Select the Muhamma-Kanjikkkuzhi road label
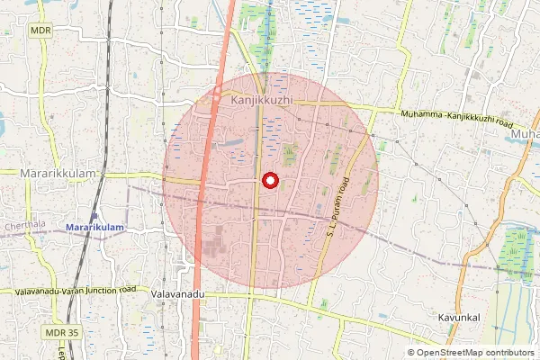pos(456,119)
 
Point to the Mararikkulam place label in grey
pos(58,171)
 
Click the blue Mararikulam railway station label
pos(94,229)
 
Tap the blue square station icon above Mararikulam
pos(94,217)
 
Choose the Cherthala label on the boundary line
pos(23,225)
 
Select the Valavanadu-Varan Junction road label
pos(76,291)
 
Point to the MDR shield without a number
pos(40,30)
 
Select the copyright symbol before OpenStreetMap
pos(412,353)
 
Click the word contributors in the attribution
pos(508,353)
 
